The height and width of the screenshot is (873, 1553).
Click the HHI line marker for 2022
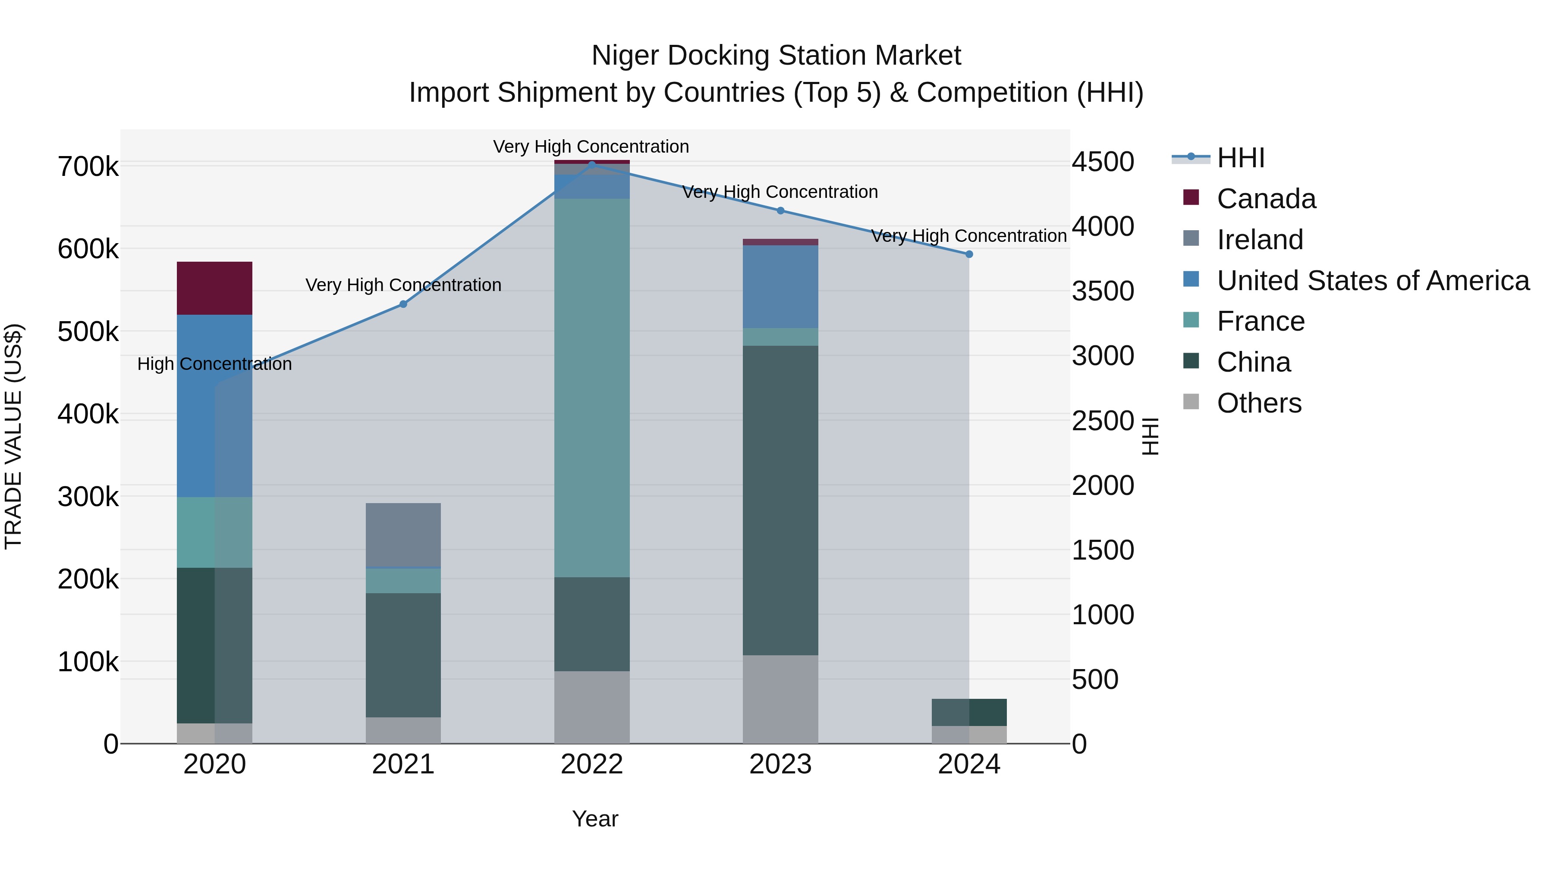click(591, 164)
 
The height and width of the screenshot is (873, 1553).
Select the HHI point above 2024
click(969, 254)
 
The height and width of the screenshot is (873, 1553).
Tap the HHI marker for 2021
click(403, 304)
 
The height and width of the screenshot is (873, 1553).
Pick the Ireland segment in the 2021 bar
click(403, 535)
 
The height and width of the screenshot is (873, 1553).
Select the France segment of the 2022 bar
click(591, 388)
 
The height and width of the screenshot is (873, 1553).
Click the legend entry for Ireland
click(1259, 240)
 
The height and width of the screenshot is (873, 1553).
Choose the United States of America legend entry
click(1372, 281)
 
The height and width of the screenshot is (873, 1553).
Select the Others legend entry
click(1259, 403)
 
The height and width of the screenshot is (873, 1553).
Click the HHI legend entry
click(1240, 158)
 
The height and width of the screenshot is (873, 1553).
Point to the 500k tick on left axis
click(88, 332)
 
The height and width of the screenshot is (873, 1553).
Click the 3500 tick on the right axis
click(1103, 291)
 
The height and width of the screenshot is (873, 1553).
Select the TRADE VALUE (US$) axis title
click(13, 436)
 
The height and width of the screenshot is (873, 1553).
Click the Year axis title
click(594, 819)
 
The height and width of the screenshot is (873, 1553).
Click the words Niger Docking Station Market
click(776, 56)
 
